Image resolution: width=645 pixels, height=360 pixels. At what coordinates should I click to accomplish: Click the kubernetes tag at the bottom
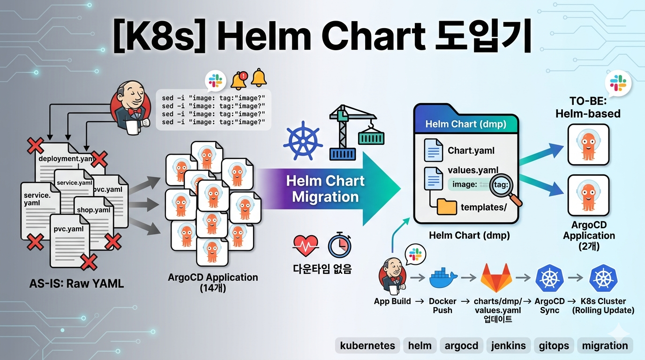click(x=367, y=346)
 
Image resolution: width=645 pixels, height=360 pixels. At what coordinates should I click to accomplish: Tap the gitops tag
click(x=554, y=346)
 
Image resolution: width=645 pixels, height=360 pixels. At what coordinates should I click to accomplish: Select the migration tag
click(x=605, y=346)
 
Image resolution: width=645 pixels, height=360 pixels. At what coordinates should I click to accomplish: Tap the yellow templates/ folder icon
click(x=447, y=207)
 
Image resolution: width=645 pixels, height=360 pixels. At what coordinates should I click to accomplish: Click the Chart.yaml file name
click(x=471, y=150)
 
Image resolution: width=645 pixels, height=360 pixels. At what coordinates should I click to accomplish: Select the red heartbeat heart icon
click(x=305, y=244)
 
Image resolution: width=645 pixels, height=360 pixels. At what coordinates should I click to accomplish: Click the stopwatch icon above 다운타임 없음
click(x=339, y=244)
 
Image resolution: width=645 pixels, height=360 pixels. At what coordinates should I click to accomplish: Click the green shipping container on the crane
click(x=371, y=138)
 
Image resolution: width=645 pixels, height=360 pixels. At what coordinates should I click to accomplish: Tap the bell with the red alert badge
click(x=239, y=80)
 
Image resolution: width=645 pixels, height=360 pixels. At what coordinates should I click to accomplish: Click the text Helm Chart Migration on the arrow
click(x=325, y=188)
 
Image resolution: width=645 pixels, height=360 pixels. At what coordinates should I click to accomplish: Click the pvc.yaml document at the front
click(x=70, y=239)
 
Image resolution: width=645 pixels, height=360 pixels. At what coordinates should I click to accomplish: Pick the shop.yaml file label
click(x=94, y=210)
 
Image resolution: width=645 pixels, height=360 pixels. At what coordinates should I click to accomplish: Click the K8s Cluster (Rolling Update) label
click(x=603, y=306)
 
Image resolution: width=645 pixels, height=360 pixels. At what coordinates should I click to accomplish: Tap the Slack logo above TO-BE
click(x=617, y=83)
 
